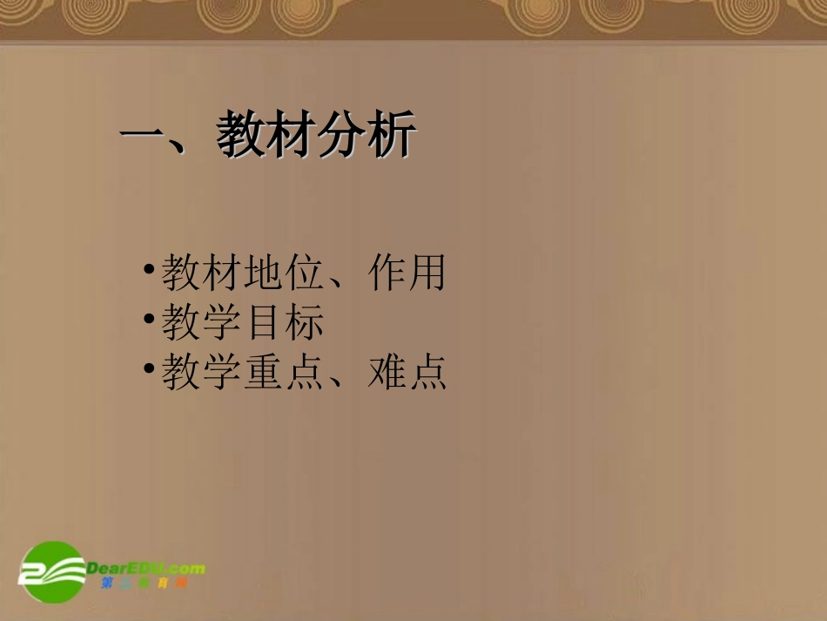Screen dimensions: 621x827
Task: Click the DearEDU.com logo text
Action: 146,569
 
